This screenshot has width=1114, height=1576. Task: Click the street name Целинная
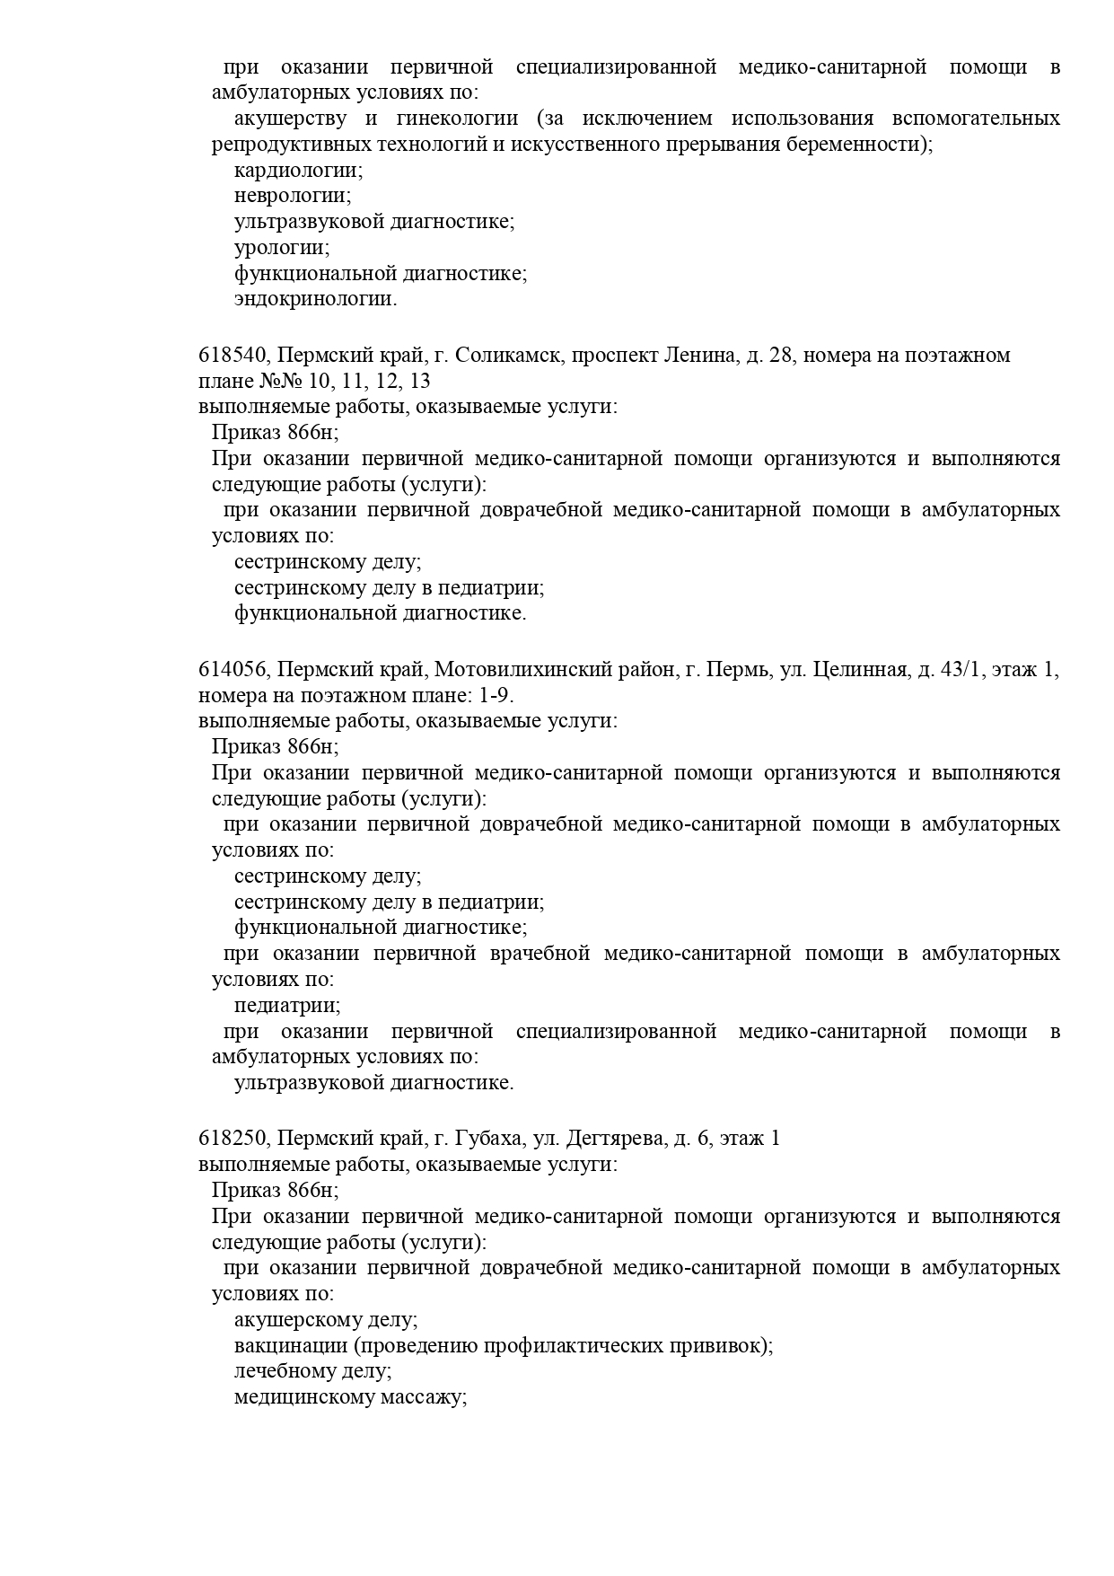tap(860, 670)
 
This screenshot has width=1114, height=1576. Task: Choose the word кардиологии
tap(298, 170)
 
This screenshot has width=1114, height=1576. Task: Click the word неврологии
tap(293, 196)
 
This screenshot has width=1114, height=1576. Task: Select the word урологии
tap(282, 247)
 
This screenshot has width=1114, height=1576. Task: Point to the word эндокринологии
tap(315, 299)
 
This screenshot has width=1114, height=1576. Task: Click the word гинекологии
tap(457, 119)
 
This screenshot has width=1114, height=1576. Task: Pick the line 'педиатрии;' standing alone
tap(287, 1006)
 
